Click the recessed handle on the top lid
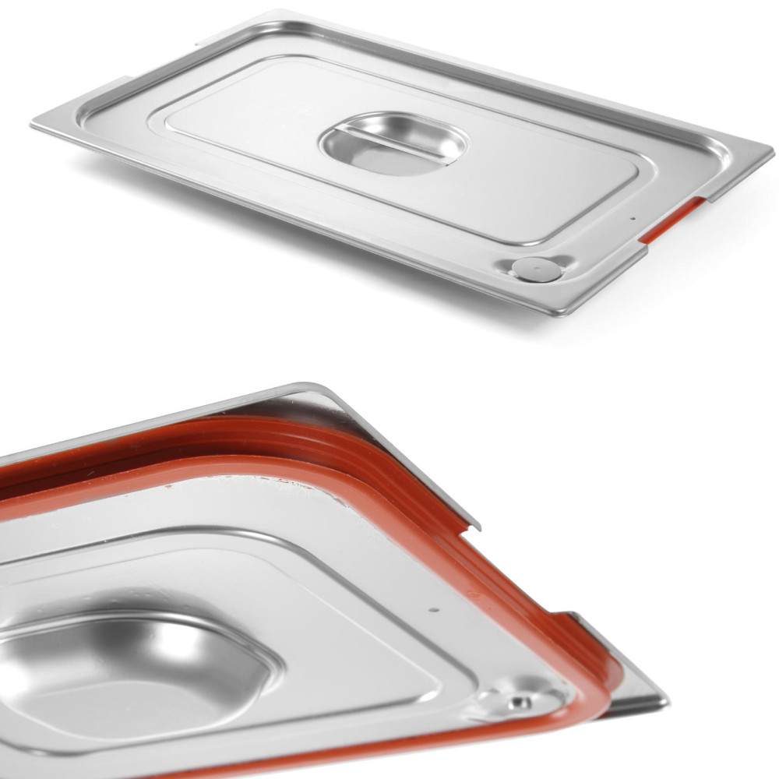393,144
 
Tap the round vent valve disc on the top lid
536,269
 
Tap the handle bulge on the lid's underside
132,670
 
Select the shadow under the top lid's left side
117,167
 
